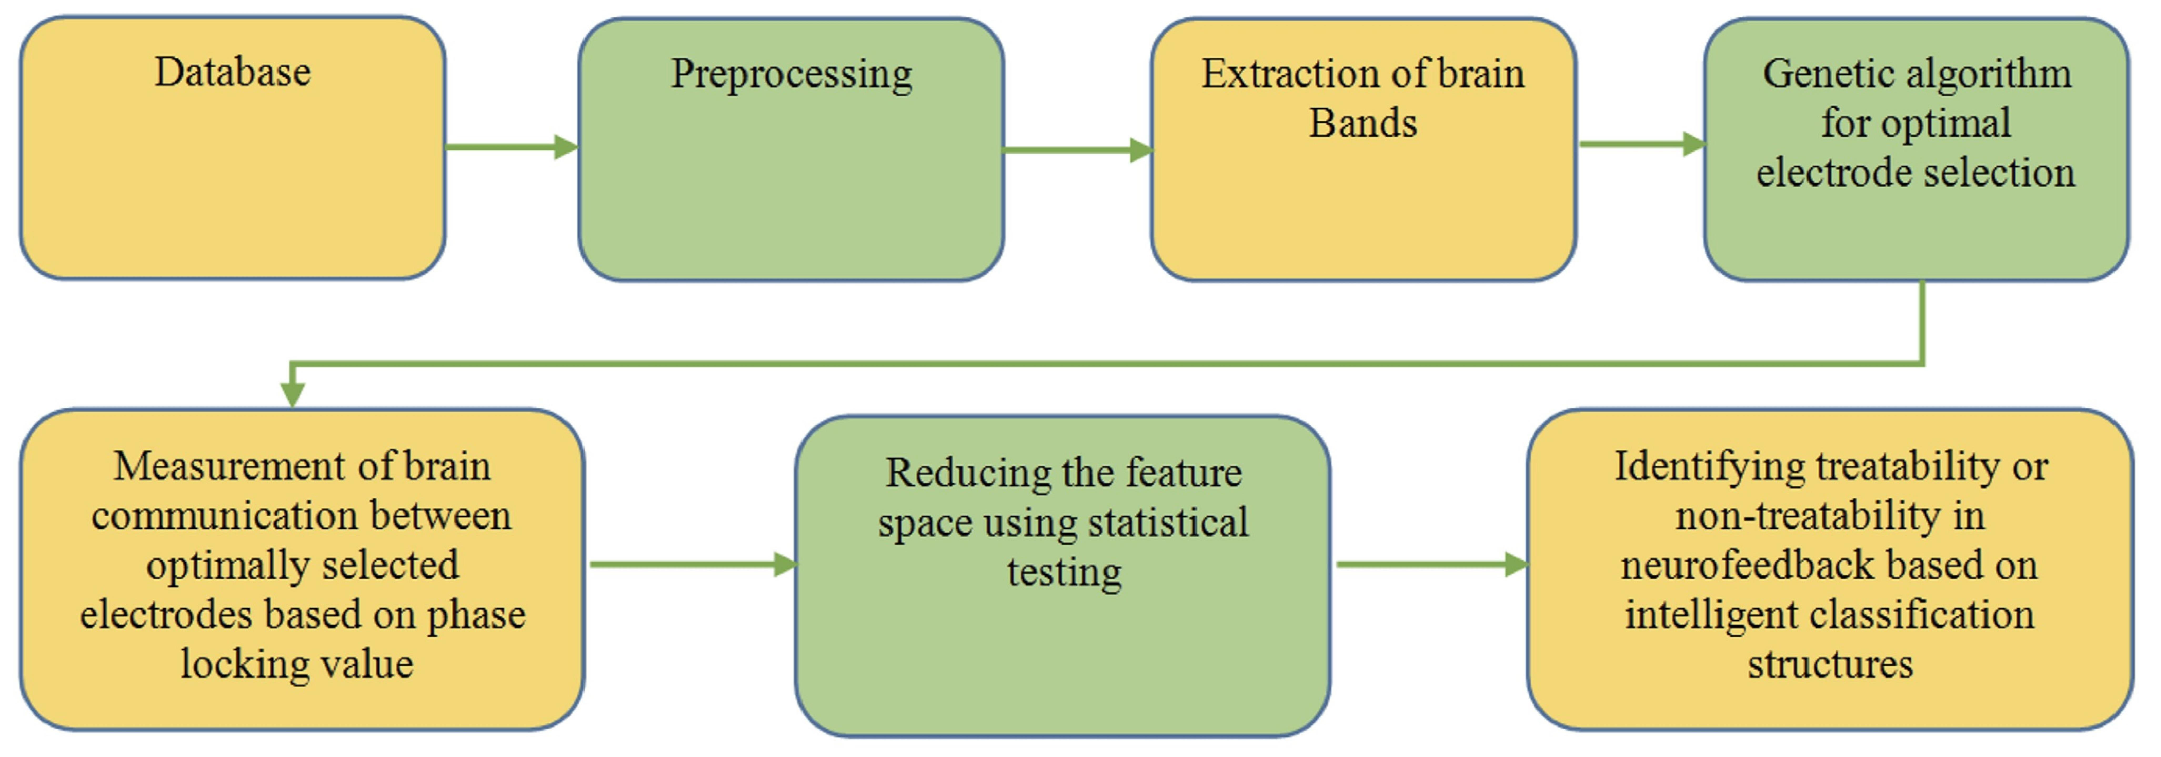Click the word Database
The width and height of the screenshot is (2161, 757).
pos(232,72)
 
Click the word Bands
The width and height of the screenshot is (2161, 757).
pos(1363,123)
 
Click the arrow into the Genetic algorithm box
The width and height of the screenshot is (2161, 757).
pos(1642,143)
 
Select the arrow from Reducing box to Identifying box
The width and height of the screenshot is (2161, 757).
pos(1432,565)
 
